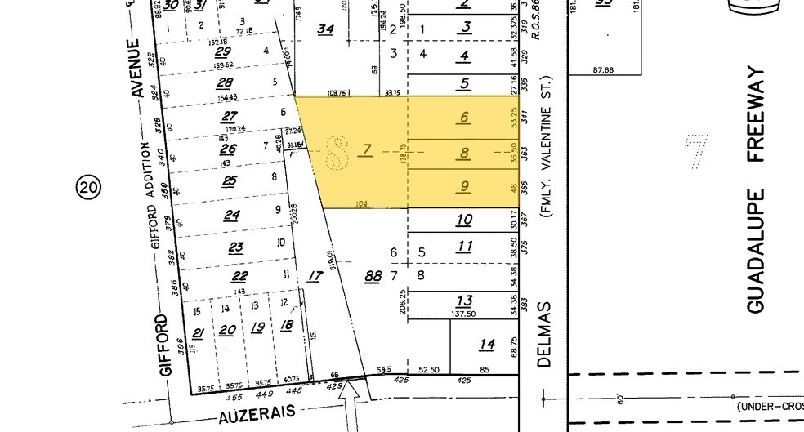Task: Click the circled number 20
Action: (x=88, y=188)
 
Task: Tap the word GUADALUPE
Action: (x=755, y=250)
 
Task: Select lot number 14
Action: (x=487, y=345)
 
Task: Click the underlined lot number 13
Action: (x=465, y=300)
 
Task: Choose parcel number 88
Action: (x=373, y=277)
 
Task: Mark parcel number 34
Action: (x=326, y=29)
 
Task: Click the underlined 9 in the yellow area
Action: (x=464, y=187)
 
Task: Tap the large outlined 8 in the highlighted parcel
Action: (x=335, y=150)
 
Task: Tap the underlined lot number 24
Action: (x=233, y=216)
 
